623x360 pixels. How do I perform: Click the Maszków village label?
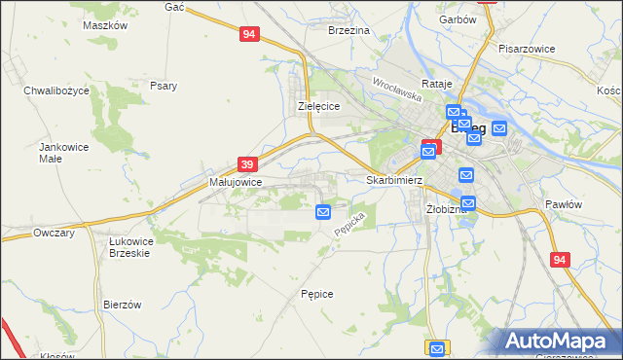pyautogui.click(x=106, y=26)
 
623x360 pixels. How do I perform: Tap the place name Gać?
pyautogui.click(x=175, y=7)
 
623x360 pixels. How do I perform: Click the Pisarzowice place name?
pyautogui.click(x=526, y=48)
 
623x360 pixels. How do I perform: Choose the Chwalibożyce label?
pyautogui.click(x=56, y=90)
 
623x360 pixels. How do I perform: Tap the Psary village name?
pyautogui.click(x=164, y=86)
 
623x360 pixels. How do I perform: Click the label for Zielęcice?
pyautogui.click(x=317, y=107)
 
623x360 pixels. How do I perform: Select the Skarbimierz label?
pyautogui.click(x=393, y=180)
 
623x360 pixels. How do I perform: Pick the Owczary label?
pyautogui.click(x=55, y=234)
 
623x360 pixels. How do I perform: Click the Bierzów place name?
pyautogui.click(x=123, y=305)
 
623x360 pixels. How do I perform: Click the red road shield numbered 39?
pyautogui.click(x=247, y=164)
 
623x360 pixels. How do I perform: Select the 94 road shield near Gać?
pyautogui.click(x=249, y=34)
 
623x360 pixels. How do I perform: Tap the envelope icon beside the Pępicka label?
pyautogui.click(x=323, y=211)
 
